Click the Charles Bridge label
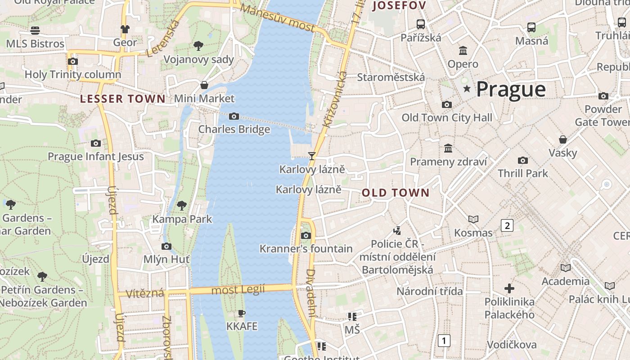pyautogui.click(x=234, y=129)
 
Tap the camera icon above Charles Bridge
pyautogui.click(x=234, y=117)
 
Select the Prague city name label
pyautogui.click(x=511, y=89)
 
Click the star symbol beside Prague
pyautogui.click(x=467, y=89)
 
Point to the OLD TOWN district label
pyautogui.click(x=396, y=193)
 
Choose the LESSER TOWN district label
pyautogui.click(x=123, y=99)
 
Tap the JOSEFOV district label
pyautogui.click(x=399, y=6)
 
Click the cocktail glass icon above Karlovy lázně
pyautogui.click(x=311, y=156)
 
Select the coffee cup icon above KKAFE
pyautogui.click(x=242, y=313)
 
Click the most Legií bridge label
pyautogui.click(x=238, y=289)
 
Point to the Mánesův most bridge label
pyautogui.click(x=277, y=18)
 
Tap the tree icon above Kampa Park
pyautogui.click(x=182, y=206)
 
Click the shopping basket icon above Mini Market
pyautogui.click(x=204, y=85)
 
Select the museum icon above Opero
pyautogui.click(x=463, y=50)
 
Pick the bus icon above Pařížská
pyautogui.click(x=421, y=24)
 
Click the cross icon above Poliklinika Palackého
pyautogui.click(x=509, y=288)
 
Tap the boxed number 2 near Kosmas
pyautogui.click(x=507, y=225)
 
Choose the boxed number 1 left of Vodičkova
pyautogui.click(x=444, y=341)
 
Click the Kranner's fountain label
pyautogui.click(x=306, y=249)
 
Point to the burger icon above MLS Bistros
pyautogui.click(x=35, y=30)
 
